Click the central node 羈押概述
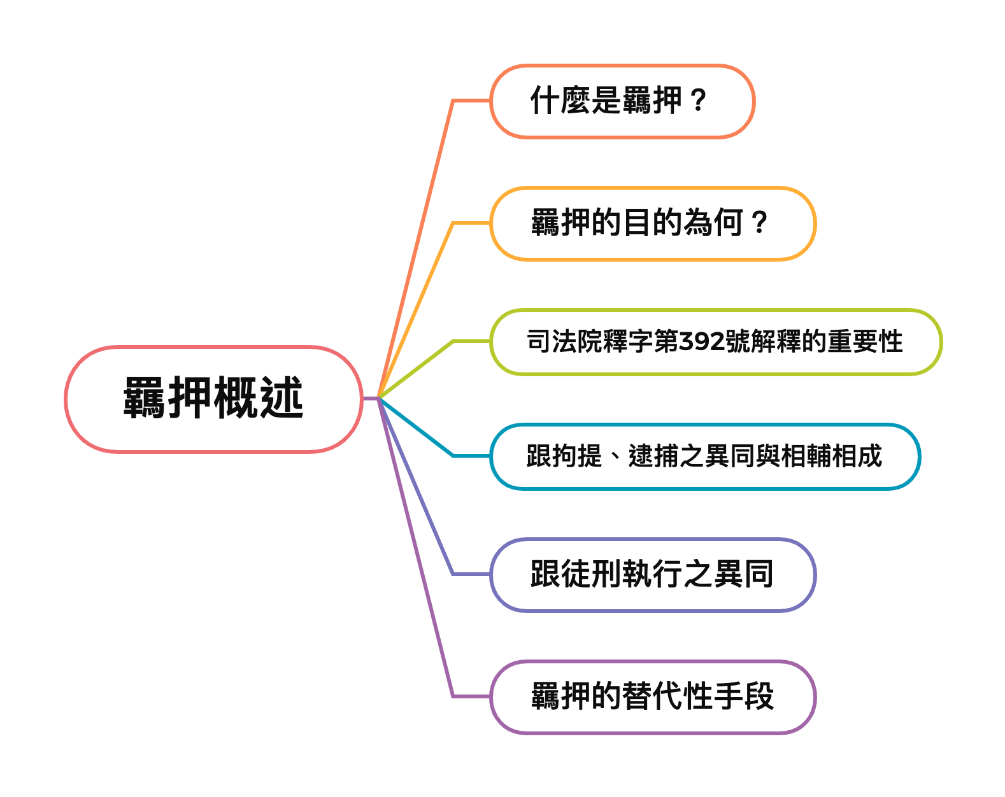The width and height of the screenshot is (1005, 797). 213,399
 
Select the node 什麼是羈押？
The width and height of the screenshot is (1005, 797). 622,101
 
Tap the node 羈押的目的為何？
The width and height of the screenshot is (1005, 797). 652,223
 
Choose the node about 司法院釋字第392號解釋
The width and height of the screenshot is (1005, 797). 715,342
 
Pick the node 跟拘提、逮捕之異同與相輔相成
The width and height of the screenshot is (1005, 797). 704,456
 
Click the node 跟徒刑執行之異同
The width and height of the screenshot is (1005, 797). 652,574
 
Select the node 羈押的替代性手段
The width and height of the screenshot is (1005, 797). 652,696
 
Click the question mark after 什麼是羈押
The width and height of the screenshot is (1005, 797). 698,101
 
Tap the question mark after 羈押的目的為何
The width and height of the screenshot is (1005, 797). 759,223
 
